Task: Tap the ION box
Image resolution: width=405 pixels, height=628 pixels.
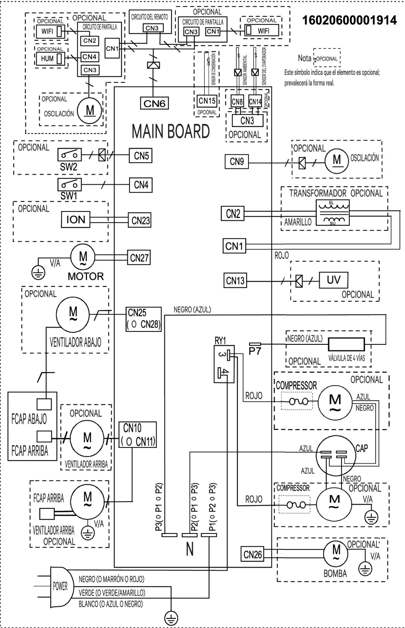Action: [x=76, y=220]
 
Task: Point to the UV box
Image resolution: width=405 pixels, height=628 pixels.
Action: [x=333, y=280]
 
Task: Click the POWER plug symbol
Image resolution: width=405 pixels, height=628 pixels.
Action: [x=59, y=586]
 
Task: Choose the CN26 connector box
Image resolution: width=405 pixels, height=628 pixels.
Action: [x=253, y=554]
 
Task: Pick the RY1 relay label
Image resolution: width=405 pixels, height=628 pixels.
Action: [x=220, y=340]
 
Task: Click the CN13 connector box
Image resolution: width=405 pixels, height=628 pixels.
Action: [x=235, y=280]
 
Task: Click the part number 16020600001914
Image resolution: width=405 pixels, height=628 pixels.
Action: [x=349, y=20]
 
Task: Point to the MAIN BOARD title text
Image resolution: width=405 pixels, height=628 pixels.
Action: [x=171, y=132]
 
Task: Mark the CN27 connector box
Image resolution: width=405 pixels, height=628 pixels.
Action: [x=139, y=258]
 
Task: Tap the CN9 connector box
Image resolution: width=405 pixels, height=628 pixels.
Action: [x=237, y=162]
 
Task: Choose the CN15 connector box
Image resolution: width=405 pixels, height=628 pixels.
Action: [x=207, y=101]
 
